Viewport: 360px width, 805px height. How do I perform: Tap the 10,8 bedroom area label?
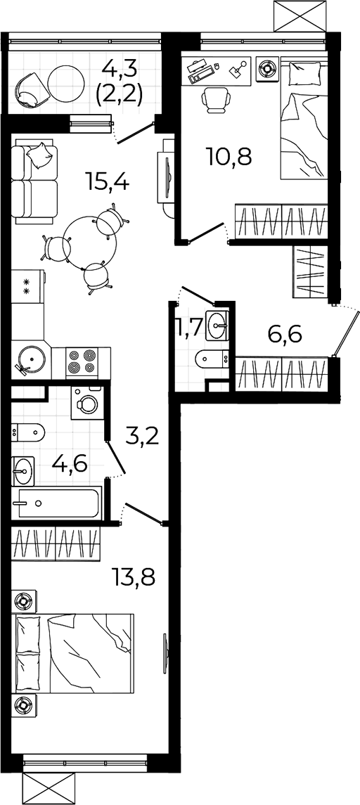[229, 155]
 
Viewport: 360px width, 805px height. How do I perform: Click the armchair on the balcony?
[30, 91]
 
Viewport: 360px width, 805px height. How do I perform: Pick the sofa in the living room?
[35, 185]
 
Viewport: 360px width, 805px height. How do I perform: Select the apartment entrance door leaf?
[345, 333]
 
